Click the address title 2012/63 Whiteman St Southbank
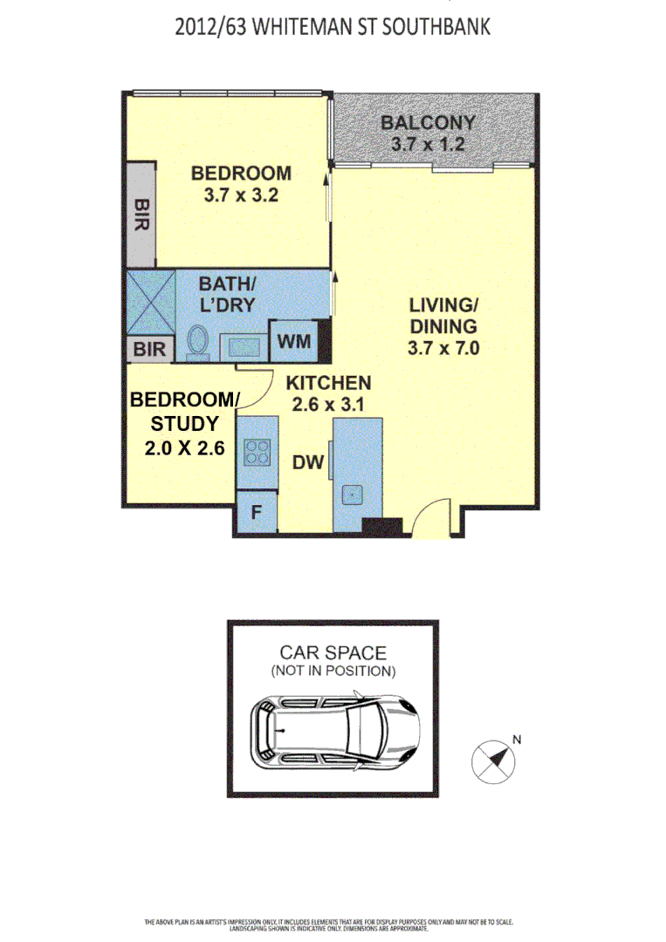[x=333, y=27]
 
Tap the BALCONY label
[x=428, y=123]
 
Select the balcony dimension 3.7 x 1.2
[x=428, y=143]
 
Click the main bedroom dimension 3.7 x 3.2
[x=241, y=195]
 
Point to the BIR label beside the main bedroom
[x=141, y=214]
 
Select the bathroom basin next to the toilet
[x=240, y=347]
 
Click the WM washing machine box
[x=294, y=341]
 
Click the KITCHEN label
[x=329, y=383]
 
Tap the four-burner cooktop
[x=257, y=452]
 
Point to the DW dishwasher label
[x=307, y=463]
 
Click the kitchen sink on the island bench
[x=352, y=495]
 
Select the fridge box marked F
[x=256, y=512]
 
